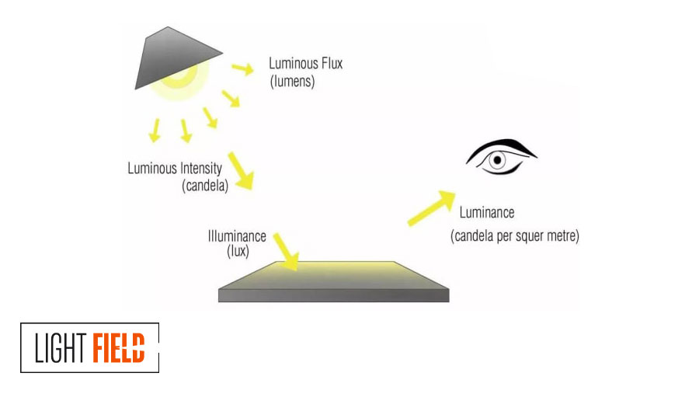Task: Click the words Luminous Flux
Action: (305, 63)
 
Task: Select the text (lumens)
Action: (292, 81)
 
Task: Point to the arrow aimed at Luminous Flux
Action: (243, 69)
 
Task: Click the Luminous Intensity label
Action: (175, 168)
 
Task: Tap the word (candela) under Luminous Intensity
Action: (204, 186)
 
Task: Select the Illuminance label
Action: (237, 235)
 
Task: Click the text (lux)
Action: (237, 251)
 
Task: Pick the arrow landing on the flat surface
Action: (287, 253)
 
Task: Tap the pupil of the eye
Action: (498, 161)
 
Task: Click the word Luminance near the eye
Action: (487, 212)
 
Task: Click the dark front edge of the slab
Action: (334, 295)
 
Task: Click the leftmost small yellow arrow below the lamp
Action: (155, 131)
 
